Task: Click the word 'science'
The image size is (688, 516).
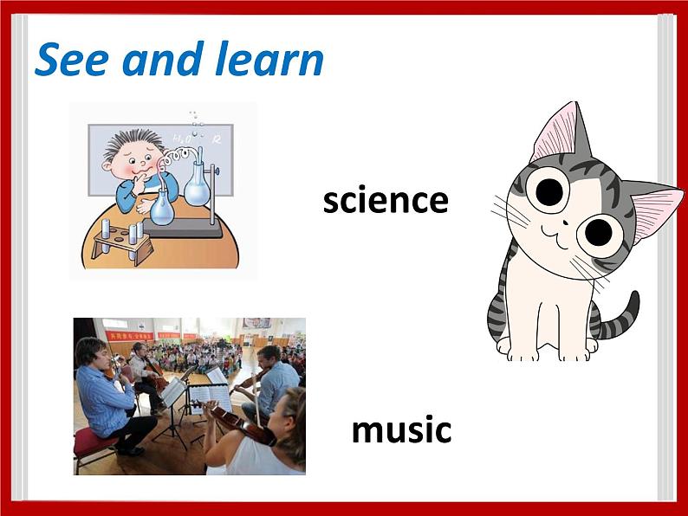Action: (x=386, y=201)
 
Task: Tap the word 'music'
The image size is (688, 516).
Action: (x=401, y=430)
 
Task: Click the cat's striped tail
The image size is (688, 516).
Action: (x=617, y=322)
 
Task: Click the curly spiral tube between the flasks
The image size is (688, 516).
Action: (x=178, y=158)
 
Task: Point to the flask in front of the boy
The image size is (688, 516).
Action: (x=162, y=208)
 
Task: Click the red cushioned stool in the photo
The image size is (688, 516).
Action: (x=93, y=443)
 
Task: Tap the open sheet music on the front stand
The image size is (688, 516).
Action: (x=211, y=397)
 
